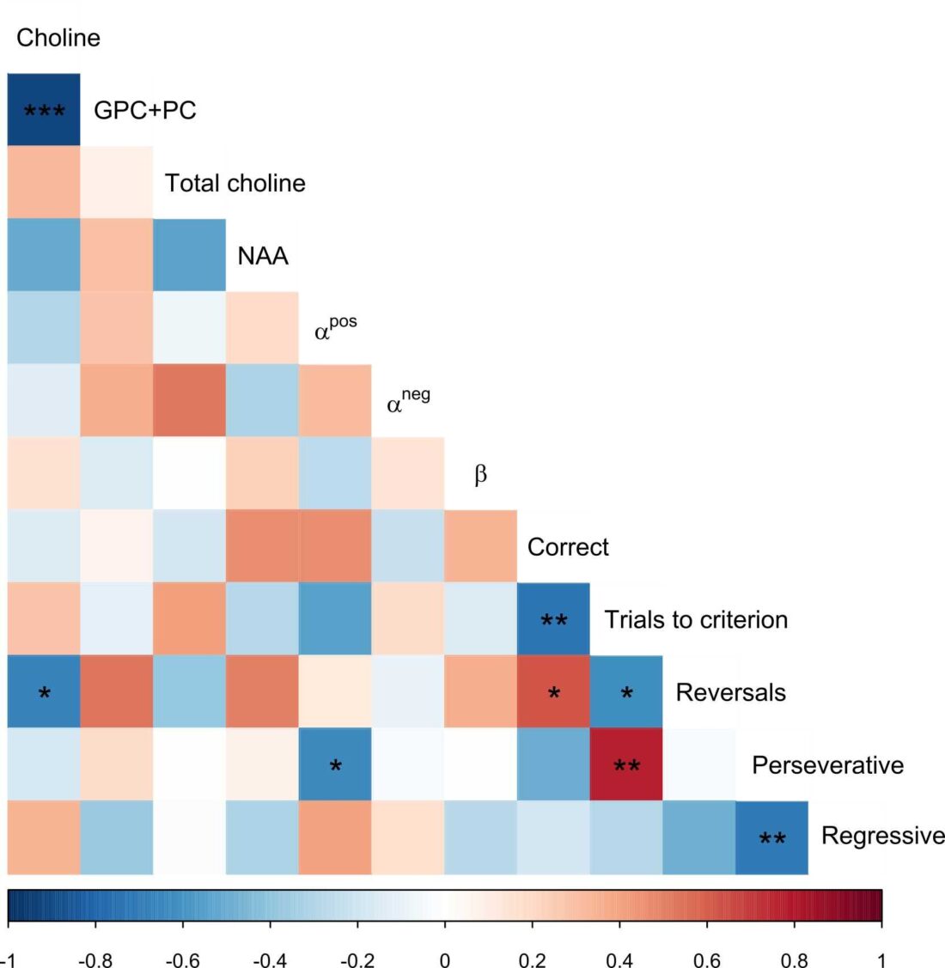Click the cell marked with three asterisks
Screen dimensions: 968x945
(x=44, y=110)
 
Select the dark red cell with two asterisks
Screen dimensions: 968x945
(x=626, y=764)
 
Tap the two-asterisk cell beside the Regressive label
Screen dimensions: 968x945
(x=771, y=837)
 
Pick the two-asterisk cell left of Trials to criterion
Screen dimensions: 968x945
(x=553, y=619)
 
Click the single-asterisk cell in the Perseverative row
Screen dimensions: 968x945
(x=335, y=764)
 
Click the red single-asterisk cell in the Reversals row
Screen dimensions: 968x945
(x=553, y=692)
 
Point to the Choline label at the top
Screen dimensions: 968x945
(x=58, y=38)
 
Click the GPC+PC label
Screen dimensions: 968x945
(x=144, y=110)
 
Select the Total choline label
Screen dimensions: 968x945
(x=235, y=183)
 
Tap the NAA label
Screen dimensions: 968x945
(x=263, y=256)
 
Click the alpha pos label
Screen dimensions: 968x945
(x=335, y=328)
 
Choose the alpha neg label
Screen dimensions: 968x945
(x=408, y=401)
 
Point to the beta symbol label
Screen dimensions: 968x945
(x=480, y=474)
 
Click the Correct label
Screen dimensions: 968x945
(x=568, y=547)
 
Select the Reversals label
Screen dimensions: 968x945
(x=730, y=692)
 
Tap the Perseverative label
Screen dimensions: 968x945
(x=827, y=765)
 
